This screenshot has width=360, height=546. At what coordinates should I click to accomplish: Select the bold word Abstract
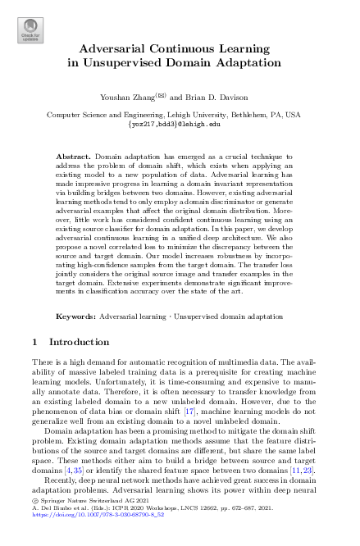75,154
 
